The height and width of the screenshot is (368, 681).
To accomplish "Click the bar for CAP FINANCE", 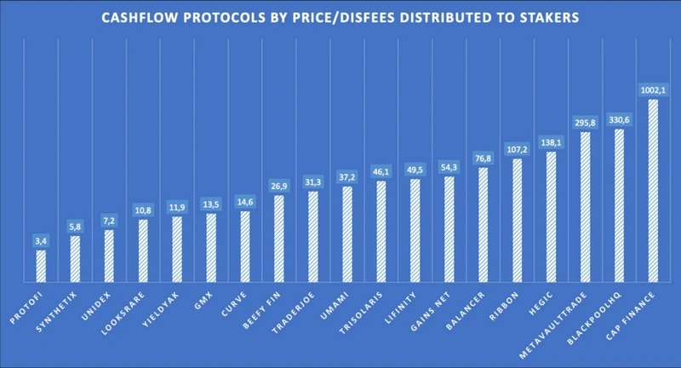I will (653, 192).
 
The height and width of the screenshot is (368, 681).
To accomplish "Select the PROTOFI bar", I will (41, 266).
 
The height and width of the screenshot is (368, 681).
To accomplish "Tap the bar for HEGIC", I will (551, 216).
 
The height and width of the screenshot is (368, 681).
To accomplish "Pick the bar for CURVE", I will (245, 246).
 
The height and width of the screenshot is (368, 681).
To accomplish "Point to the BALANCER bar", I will (483, 225).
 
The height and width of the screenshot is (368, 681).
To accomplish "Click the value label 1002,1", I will (653, 89).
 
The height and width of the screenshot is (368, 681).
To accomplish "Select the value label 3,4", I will (41, 240).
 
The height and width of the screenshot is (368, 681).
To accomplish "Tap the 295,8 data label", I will (585, 123).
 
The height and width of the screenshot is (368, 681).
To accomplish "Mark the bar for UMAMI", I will (347, 233).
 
